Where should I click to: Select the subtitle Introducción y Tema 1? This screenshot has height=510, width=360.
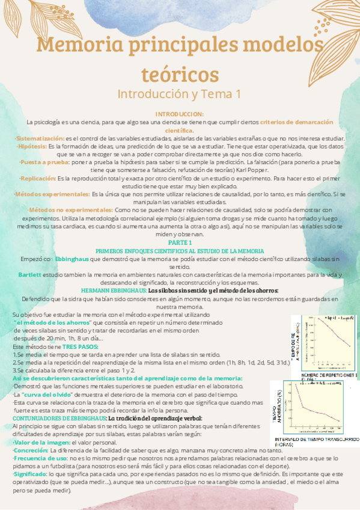pos(179,94)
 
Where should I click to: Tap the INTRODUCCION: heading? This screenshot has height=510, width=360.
pos(179,114)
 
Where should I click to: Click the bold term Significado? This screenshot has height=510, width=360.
pos(32,475)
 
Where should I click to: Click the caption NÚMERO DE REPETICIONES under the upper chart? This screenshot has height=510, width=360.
pos(325,375)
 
